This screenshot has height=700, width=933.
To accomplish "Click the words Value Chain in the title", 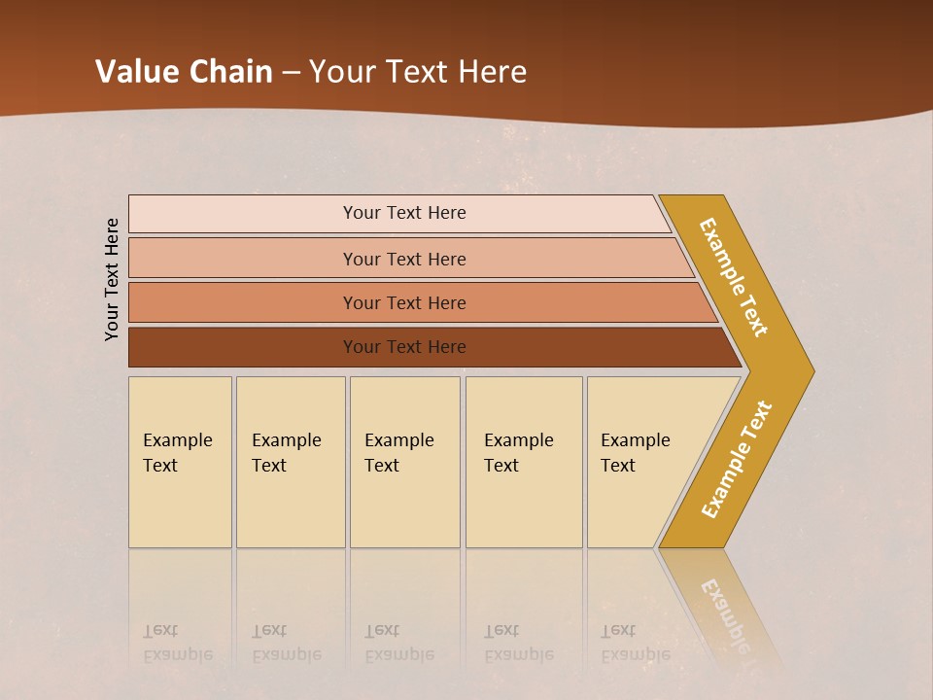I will [x=184, y=72].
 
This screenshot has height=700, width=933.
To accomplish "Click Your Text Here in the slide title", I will [x=418, y=72].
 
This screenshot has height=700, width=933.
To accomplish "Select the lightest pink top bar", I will [x=243, y=214].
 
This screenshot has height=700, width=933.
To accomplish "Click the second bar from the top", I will [x=243, y=259].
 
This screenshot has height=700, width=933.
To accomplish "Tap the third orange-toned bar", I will [x=243, y=302].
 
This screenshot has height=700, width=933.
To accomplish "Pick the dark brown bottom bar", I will [x=243, y=347].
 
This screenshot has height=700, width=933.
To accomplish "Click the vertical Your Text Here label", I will [x=112, y=279].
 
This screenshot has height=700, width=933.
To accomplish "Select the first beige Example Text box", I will [x=180, y=506].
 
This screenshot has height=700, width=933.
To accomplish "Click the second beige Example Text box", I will [x=291, y=506].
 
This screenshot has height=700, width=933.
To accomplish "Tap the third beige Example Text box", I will [x=404, y=506].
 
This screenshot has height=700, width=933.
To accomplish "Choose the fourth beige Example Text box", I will [x=524, y=506].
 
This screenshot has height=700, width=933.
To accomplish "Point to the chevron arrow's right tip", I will [x=811, y=370].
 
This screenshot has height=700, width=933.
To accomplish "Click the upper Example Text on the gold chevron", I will [x=734, y=277].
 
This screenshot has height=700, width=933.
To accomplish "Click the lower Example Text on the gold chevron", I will [x=736, y=460].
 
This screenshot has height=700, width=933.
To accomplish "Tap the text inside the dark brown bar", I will [x=404, y=347].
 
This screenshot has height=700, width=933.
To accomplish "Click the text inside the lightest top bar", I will [x=404, y=213].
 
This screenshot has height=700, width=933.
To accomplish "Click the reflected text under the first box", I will [x=177, y=644].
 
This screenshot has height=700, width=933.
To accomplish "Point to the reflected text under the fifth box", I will [x=635, y=644].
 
